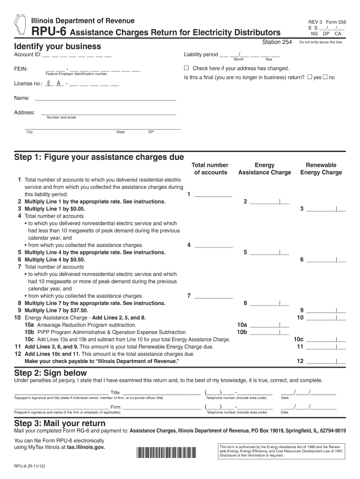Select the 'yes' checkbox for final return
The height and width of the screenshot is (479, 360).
click(x=310, y=77)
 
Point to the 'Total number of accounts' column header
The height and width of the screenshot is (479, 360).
click(x=210, y=169)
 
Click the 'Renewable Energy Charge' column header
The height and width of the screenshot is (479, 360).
click(x=321, y=169)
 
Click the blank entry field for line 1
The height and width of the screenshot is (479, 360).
click(x=213, y=195)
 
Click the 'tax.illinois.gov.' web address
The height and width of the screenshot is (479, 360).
click(x=86, y=447)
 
